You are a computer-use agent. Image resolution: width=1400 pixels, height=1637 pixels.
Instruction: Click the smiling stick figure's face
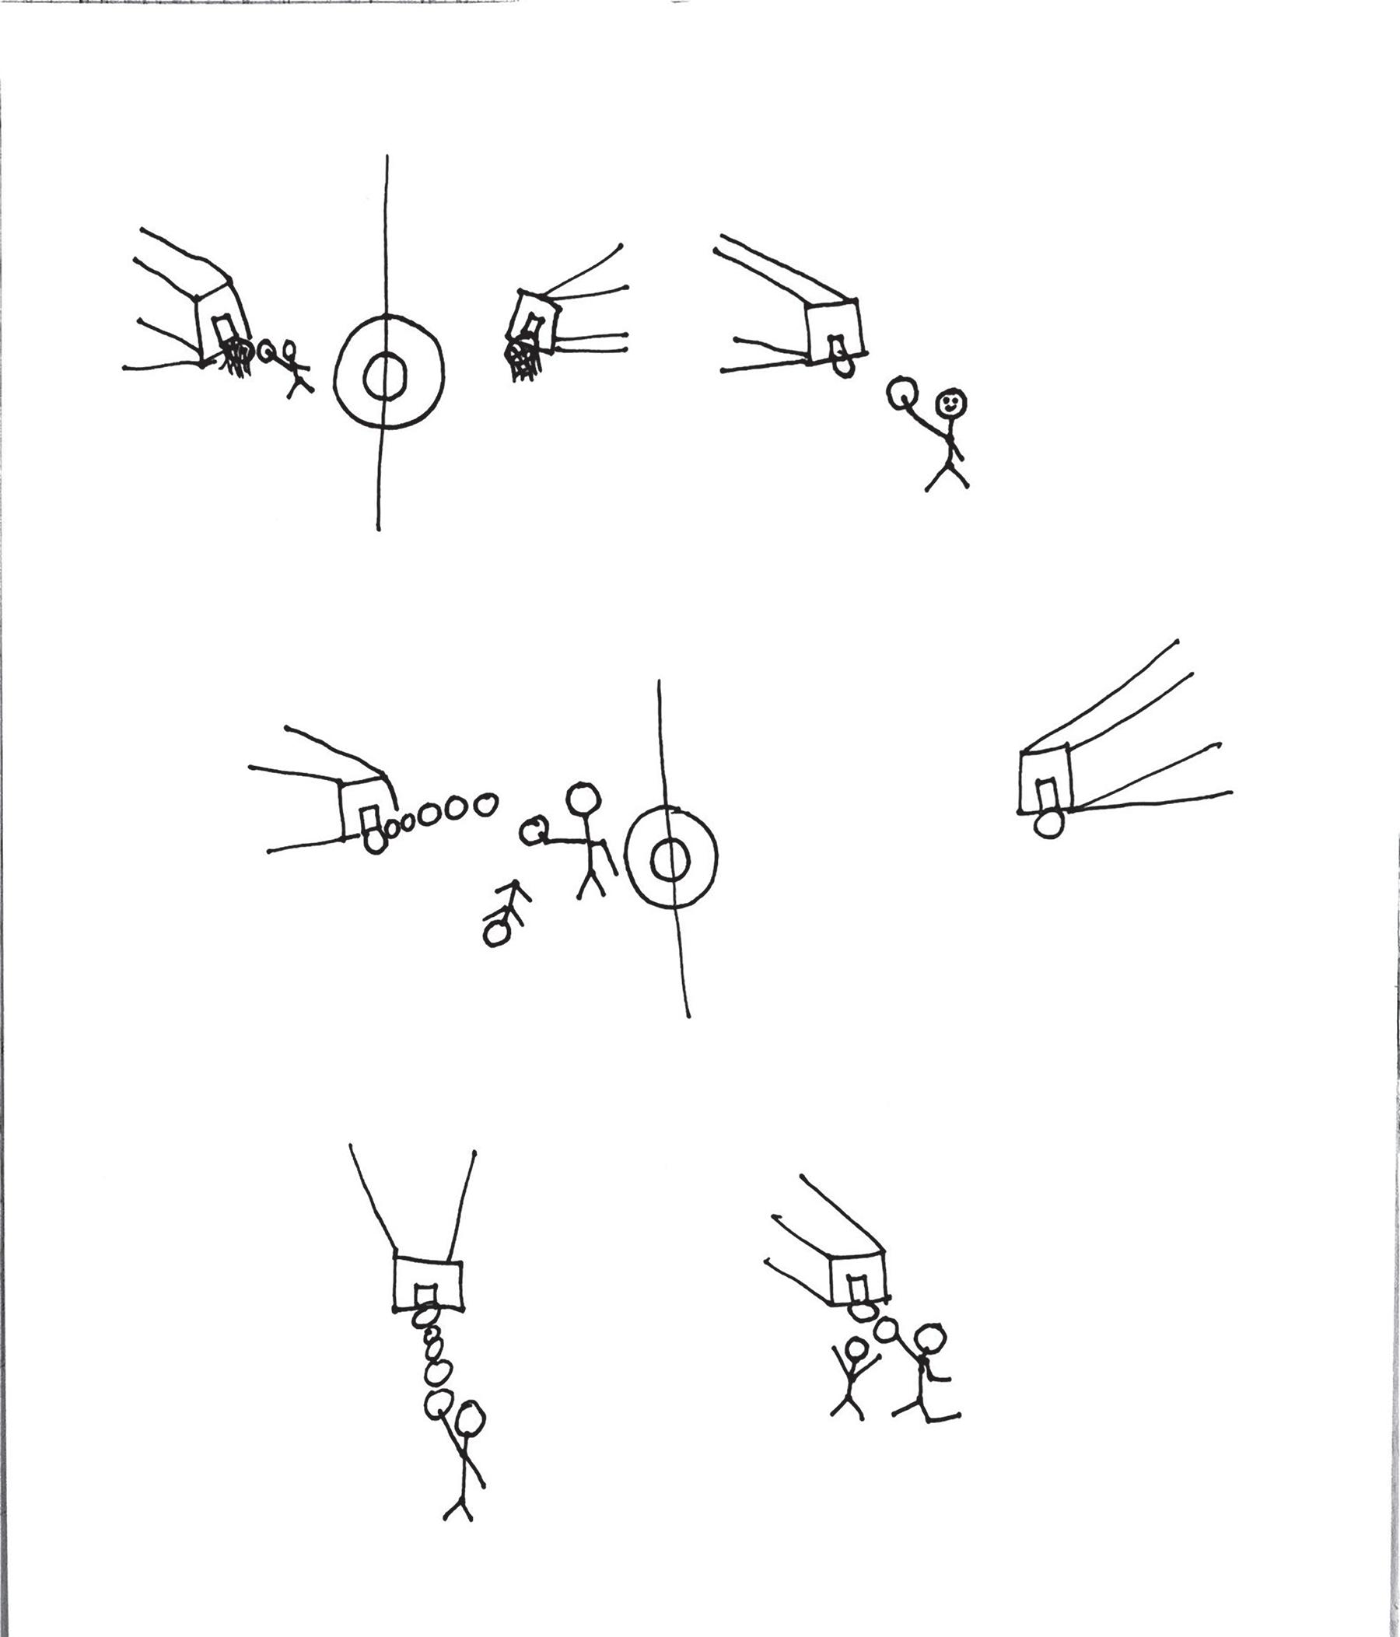click(951, 403)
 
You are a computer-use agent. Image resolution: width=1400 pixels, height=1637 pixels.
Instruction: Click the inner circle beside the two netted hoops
click(385, 375)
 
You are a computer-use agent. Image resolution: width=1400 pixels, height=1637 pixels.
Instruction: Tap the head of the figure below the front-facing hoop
click(471, 1418)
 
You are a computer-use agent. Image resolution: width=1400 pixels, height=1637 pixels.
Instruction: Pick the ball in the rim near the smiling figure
click(843, 366)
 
